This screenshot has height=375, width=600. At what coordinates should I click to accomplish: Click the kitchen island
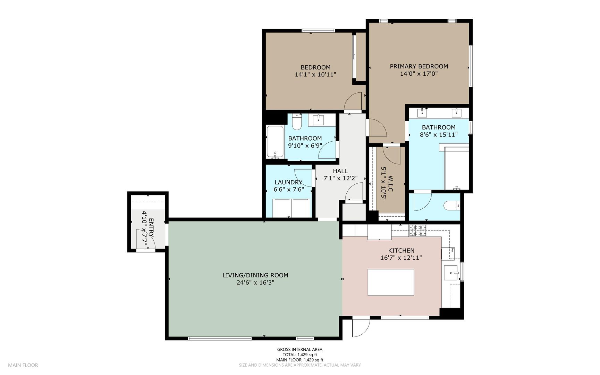[x=391, y=282]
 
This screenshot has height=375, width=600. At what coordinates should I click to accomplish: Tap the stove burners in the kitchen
[x=418, y=231]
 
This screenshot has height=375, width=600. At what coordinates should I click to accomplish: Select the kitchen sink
[x=451, y=273]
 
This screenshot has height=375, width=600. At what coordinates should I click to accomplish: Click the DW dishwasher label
[x=453, y=250]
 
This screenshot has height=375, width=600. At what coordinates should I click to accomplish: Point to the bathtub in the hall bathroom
[x=275, y=142]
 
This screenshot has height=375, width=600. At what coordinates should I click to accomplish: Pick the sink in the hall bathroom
[x=318, y=120]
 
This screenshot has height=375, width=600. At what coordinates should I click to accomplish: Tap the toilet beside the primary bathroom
[x=452, y=206]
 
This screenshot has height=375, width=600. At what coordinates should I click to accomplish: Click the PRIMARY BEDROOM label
[x=419, y=66]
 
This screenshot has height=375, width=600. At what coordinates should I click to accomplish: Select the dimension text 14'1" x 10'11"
[x=315, y=74]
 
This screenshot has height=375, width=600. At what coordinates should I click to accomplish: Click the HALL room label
[x=340, y=171]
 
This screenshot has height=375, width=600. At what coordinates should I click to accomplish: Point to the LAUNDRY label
[x=288, y=182]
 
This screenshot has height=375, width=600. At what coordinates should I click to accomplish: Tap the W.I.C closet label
[x=390, y=184]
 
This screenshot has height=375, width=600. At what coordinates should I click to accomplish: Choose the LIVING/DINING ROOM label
[x=255, y=275]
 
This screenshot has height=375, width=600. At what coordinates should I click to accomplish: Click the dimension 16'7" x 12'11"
[x=401, y=258]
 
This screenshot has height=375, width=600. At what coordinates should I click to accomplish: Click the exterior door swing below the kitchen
[x=361, y=327]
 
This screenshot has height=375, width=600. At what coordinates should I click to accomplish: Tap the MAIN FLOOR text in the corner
[x=23, y=365]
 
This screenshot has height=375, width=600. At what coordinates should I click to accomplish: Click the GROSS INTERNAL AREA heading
[x=300, y=350]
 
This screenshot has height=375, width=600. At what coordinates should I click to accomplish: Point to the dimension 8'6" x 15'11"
[x=439, y=135]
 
